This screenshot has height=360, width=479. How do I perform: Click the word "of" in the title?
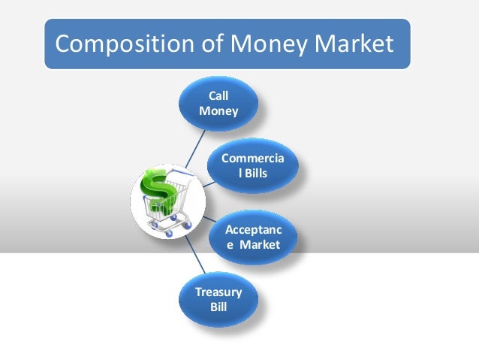[203, 45]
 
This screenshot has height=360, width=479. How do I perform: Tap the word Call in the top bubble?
[218, 96]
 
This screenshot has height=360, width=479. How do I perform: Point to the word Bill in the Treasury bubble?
[218, 308]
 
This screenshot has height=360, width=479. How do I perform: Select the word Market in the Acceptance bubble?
[259, 245]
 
